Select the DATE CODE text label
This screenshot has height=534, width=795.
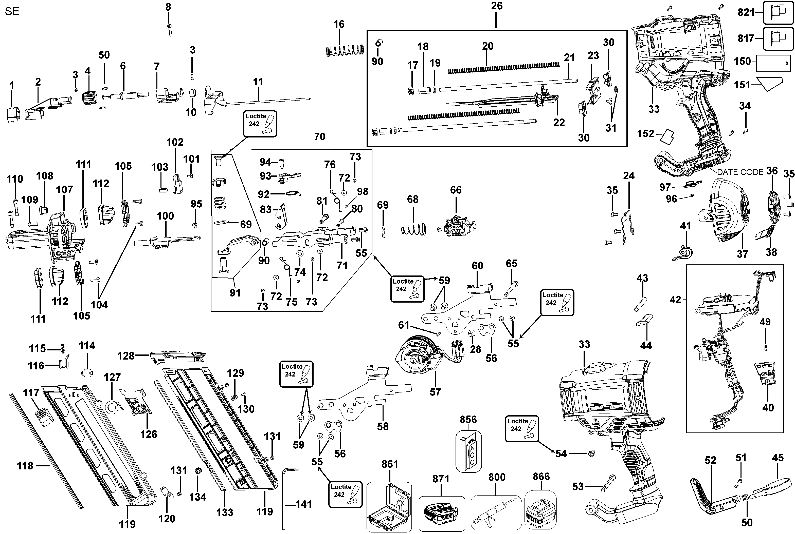coord(740,172)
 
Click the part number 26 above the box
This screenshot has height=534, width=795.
coord(496,6)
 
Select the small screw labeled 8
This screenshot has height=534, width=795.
coord(169,30)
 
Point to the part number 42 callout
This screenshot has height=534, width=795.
coord(675,300)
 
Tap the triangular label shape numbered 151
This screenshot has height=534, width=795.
coord(769,84)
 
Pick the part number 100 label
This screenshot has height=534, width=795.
coord(165,216)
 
